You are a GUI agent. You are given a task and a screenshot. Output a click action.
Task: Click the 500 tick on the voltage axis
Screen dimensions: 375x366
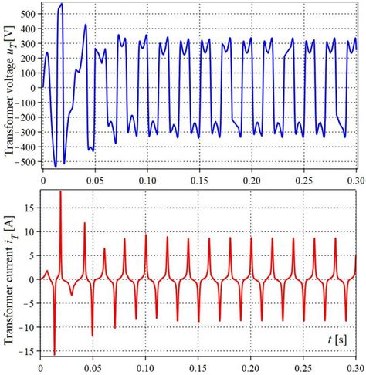pos(29,15)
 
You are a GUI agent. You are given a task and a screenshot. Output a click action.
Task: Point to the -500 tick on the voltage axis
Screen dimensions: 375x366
pos(27,161)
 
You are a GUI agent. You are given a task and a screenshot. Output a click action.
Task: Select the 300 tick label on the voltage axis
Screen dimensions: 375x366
pos(29,44)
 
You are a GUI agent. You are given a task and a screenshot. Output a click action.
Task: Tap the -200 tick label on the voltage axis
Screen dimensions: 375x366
pos(27,117)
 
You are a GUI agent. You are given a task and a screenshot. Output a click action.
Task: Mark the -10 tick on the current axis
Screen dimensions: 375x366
pos(29,326)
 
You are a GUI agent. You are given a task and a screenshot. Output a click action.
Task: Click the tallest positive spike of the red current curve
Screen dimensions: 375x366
pos(60,191)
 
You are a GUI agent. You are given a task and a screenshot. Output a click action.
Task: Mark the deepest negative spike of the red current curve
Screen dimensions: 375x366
pos(54,353)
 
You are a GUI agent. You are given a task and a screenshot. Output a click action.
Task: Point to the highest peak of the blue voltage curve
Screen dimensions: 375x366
pos(61,4)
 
